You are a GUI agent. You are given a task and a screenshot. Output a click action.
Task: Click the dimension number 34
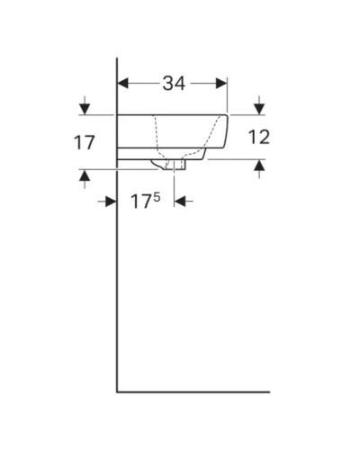point(174,84)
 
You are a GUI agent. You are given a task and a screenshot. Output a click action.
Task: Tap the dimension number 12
point(258,138)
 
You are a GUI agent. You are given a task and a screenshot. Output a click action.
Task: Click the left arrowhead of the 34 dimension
point(124,84)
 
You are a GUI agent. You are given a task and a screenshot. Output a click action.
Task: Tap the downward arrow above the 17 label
point(85,107)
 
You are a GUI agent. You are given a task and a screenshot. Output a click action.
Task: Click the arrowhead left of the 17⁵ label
point(111,202)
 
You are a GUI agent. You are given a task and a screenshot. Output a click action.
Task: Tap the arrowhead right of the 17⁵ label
point(180,202)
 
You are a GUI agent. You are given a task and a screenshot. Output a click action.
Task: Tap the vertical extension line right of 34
point(228,94)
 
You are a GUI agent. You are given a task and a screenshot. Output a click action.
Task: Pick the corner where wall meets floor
point(118,392)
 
